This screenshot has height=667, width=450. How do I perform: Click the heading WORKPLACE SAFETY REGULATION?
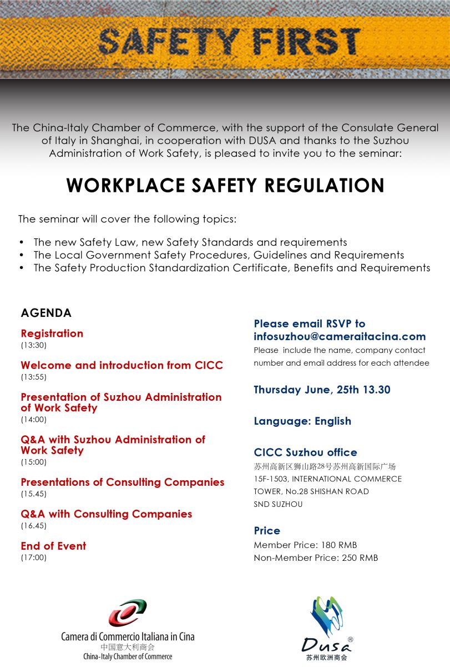pyautogui.click(x=225, y=185)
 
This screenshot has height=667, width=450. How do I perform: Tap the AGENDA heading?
pyautogui.click(x=46, y=313)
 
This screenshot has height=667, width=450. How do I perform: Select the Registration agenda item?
pyautogui.click(x=52, y=333)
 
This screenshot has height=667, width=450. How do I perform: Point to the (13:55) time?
pyautogui.click(x=33, y=377)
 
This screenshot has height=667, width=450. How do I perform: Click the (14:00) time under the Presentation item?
pyautogui.click(x=33, y=420)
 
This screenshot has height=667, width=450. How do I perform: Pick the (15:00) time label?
pyautogui.click(x=33, y=462)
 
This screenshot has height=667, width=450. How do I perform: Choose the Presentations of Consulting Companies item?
pyautogui.click(x=122, y=482)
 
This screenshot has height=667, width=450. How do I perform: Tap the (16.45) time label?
pyautogui.click(x=33, y=525)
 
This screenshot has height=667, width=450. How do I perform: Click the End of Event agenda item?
pyautogui.click(x=53, y=546)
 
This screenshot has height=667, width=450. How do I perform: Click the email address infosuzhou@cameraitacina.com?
pyautogui.click(x=340, y=336)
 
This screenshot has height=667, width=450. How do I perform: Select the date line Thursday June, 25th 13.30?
pyautogui.click(x=322, y=390)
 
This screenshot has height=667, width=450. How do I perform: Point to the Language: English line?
pyautogui.click(x=302, y=421)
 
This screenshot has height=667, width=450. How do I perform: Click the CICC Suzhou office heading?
pyautogui.click(x=305, y=452)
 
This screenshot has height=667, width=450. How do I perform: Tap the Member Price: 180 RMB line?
pyautogui.click(x=305, y=545)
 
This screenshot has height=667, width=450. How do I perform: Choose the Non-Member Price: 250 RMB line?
pyautogui.click(x=316, y=558)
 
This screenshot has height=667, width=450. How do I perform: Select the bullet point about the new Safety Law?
pyautogui.click(x=190, y=242)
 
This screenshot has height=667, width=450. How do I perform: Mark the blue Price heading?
pyautogui.click(x=267, y=531)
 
